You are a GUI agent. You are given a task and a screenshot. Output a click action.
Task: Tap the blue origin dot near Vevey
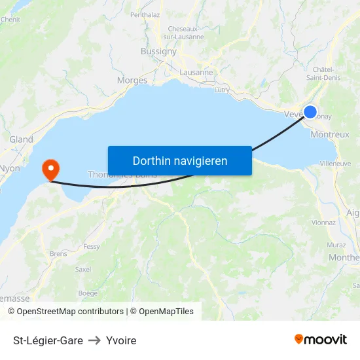click(310, 112)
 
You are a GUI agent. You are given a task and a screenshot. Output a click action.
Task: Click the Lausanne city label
click(196, 73)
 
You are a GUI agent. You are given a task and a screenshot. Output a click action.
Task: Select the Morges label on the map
click(132, 81)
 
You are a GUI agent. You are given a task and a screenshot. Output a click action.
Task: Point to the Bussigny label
click(158, 52)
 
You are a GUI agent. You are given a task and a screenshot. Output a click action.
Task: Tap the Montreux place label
click(330, 134)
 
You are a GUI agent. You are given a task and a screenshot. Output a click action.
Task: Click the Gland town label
click(21, 139)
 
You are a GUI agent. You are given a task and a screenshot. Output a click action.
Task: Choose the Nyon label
click(10, 168)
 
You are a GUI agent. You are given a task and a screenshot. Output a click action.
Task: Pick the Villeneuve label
click(336, 164)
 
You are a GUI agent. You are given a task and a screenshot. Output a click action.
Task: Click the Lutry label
click(222, 90)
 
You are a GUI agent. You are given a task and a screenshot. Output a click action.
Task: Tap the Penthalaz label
click(145, 14)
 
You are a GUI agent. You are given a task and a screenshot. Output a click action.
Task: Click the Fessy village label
click(92, 247)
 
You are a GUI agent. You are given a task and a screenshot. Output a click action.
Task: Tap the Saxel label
click(83, 269)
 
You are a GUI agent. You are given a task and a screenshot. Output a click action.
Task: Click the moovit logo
click(321, 340)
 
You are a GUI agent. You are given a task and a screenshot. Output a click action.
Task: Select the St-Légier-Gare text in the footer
click(48, 340)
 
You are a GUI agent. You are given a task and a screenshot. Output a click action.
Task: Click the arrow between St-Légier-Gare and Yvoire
click(94, 340)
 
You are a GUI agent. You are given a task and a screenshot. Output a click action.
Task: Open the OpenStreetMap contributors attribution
click(69, 312)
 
